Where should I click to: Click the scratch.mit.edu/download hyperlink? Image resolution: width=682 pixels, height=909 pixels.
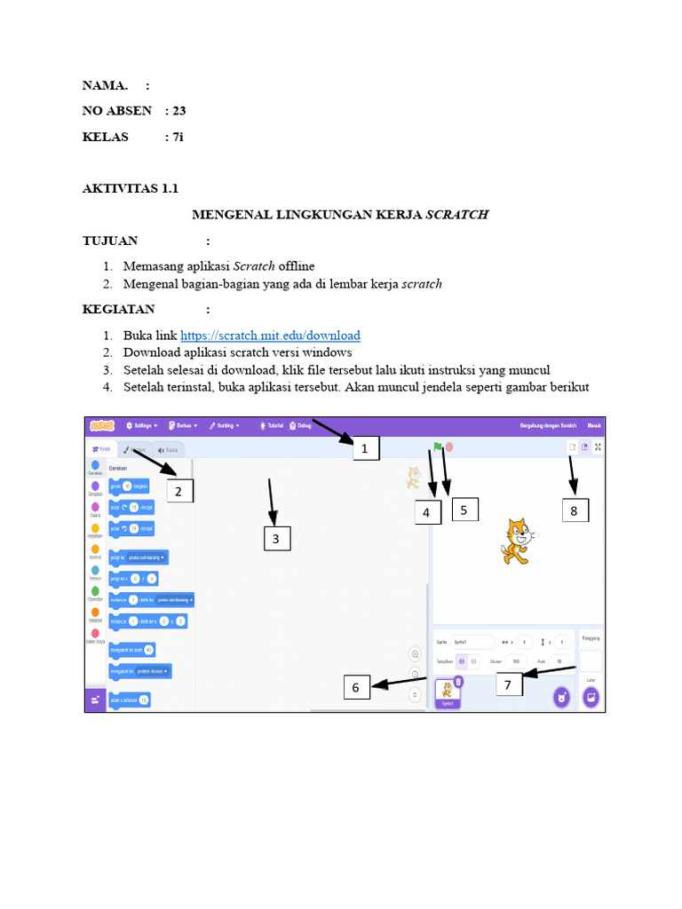[270, 336]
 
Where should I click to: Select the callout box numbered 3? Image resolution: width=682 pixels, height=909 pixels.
[276, 539]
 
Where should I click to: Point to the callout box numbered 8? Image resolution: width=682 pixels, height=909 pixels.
[575, 510]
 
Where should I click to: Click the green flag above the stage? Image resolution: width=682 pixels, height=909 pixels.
[437, 447]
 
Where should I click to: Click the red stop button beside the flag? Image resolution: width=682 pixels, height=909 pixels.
[450, 447]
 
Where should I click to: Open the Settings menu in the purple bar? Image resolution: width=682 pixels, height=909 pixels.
[142, 425]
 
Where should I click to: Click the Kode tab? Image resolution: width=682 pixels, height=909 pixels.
[101, 449]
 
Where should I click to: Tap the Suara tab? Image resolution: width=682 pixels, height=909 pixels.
[168, 450]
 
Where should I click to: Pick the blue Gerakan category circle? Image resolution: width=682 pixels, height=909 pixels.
[95, 465]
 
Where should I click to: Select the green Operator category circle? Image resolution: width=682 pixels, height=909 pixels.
[95, 590]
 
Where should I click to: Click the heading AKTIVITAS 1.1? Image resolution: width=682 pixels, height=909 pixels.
[131, 189]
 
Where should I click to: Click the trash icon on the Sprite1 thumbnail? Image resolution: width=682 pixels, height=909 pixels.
[458, 682]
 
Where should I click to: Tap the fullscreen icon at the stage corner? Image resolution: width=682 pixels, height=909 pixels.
[598, 447]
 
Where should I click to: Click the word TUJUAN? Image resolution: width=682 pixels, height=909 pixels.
[110, 241]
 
